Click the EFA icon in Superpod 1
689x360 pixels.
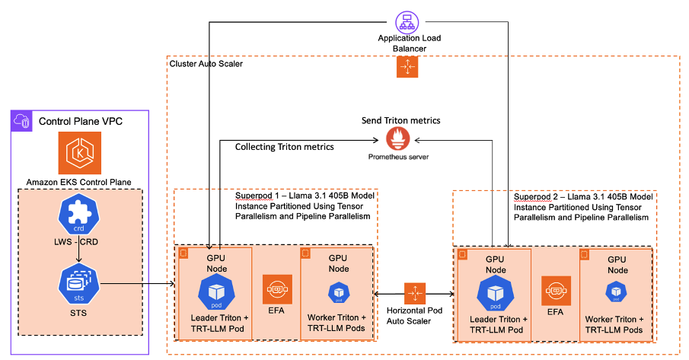(276, 290)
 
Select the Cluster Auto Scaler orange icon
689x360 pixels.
(407, 67)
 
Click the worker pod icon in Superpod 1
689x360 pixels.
(337, 292)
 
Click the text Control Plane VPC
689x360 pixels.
(81, 120)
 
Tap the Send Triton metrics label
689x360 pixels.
(400, 120)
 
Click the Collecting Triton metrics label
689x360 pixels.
(284, 146)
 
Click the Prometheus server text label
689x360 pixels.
(397, 158)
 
